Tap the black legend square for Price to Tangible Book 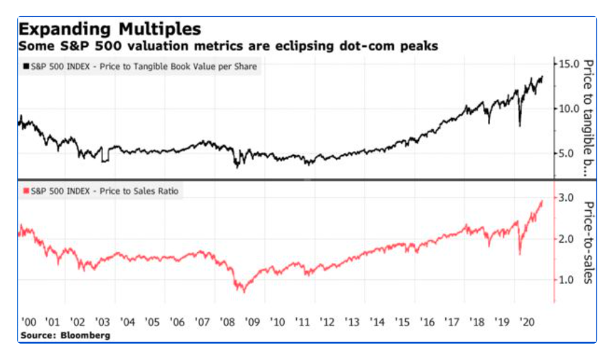click(26, 66)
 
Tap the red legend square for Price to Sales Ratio click(26, 191)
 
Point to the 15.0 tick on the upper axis click(568, 64)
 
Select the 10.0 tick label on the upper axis click(568, 108)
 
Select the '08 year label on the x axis click(228, 320)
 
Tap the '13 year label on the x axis click(351, 320)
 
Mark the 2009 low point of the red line click(243, 291)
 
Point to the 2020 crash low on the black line click(519, 125)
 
